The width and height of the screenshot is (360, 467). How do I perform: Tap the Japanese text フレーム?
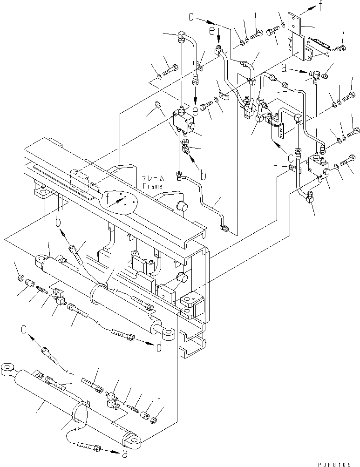click(154, 178)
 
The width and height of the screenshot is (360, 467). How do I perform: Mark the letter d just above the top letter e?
click(191, 18)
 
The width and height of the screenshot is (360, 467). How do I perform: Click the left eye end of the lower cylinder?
click(8, 369)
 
